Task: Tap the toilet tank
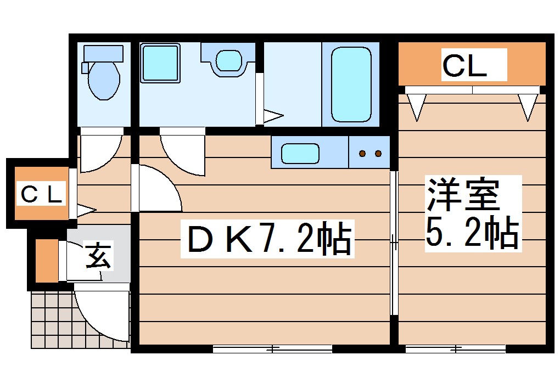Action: click(103, 53)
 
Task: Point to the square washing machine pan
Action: click(160, 63)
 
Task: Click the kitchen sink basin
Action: click(300, 153)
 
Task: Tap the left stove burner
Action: click(362, 154)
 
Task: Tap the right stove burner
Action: click(378, 154)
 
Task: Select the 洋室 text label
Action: click(462, 194)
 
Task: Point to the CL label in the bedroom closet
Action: click(464, 66)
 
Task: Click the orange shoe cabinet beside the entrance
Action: click(46, 260)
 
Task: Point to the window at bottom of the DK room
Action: click(272, 348)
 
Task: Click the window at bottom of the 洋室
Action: click(455, 348)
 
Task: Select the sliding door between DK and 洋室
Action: click(394, 241)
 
